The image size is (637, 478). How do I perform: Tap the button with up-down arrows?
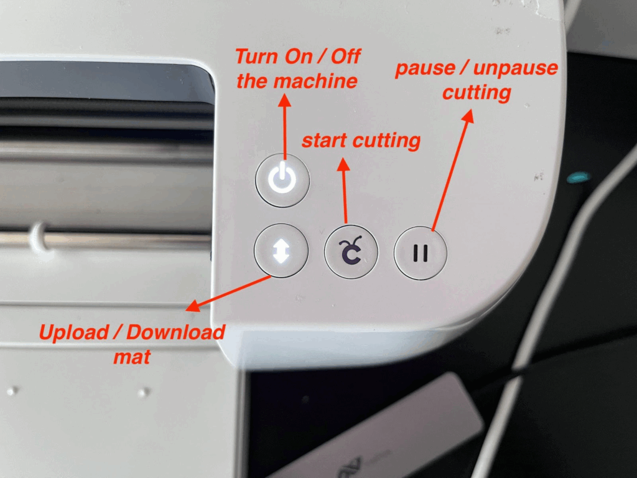(x=281, y=250)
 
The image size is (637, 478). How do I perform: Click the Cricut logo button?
(x=351, y=252)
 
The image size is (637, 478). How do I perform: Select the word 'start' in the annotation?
(x=323, y=141)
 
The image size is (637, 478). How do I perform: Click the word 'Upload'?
(x=74, y=332)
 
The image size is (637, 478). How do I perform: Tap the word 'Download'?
(x=175, y=332)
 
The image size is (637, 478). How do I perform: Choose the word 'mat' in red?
(x=132, y=357)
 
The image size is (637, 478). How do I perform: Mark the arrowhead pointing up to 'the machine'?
(x=284, y=101)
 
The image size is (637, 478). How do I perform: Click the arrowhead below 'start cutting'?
(x=343, y=164)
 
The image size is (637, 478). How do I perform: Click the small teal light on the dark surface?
(x=579, y=177)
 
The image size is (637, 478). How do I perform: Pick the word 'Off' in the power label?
(x=346, y=57)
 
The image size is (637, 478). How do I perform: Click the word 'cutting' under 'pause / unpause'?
(x=477, y=93)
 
